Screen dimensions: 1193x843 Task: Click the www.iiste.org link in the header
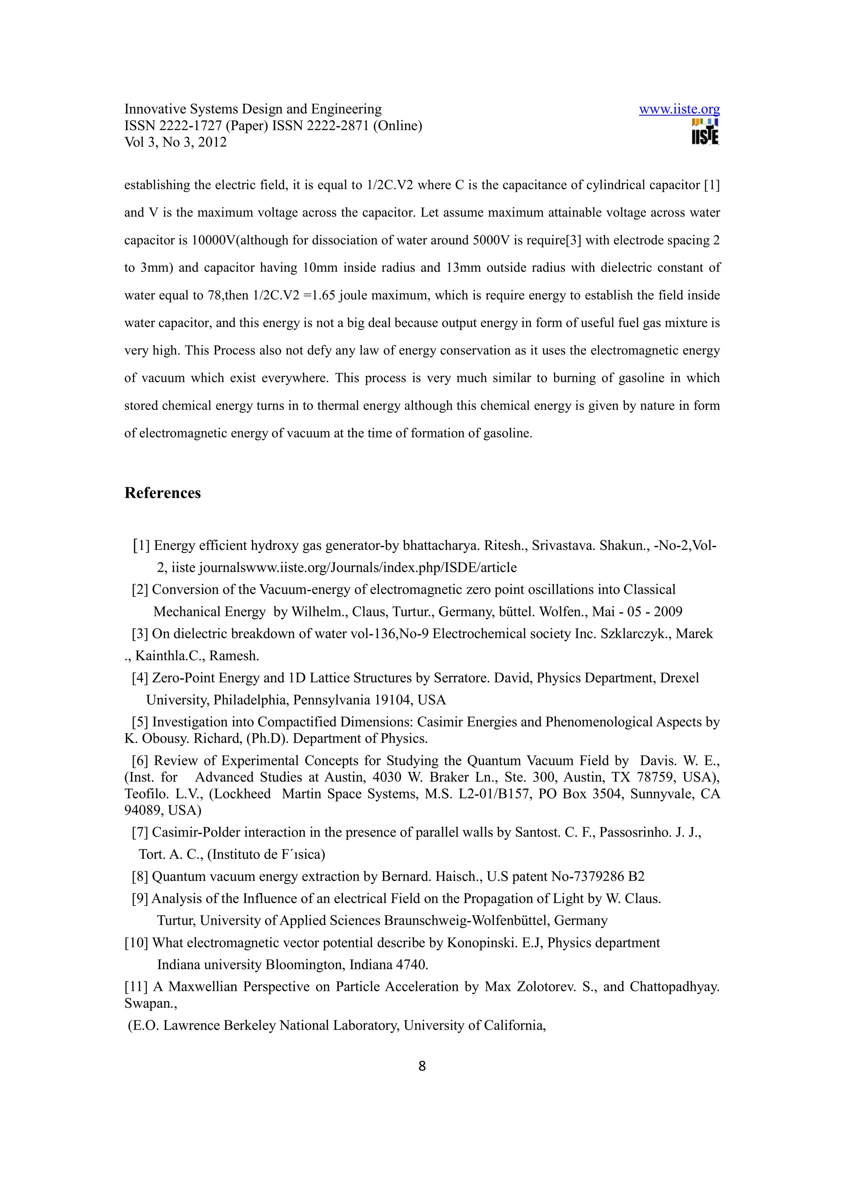point(679,109)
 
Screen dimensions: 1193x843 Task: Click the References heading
point(163,493)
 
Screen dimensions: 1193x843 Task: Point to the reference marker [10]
point(137,943)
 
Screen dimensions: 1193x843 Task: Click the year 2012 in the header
point(212,142)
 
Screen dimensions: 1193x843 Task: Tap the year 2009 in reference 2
point(668,612)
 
